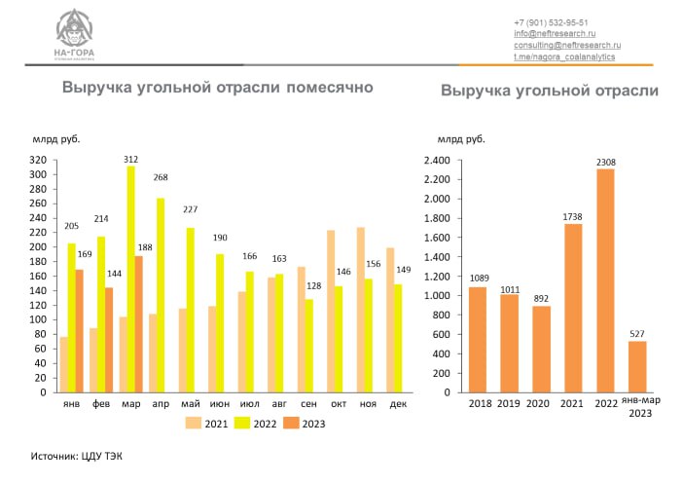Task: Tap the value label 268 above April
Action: point(161,177)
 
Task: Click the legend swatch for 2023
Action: point(295,424)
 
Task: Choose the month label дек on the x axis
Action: point(397,404)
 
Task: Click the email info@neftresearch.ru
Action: point(554,34)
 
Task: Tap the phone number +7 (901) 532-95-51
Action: point(551,22)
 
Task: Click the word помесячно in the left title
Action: point(328,89)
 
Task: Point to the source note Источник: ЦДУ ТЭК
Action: point(77,455)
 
